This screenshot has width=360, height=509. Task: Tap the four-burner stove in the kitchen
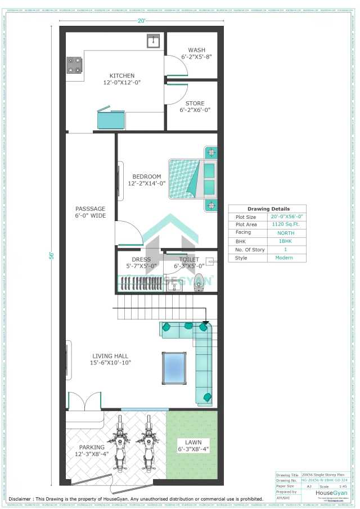(74, 65)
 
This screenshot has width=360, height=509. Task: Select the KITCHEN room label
(122, 76)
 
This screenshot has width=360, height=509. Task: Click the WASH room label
(196, 50)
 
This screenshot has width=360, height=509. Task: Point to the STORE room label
(195, 103)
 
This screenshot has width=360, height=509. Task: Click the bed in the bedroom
(191, 178)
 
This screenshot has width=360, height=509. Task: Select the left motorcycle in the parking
(120, 444)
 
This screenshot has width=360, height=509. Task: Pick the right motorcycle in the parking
(148, 444)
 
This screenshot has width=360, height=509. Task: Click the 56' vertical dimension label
(51, 255)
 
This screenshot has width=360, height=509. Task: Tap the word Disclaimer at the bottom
(20, 499)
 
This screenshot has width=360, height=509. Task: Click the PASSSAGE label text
(90, 209)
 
